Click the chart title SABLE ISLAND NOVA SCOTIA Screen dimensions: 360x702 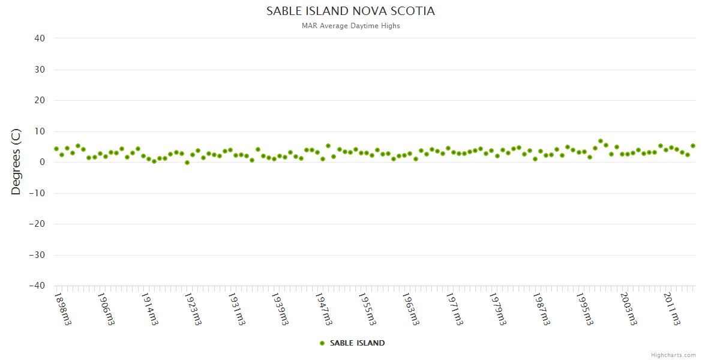(350, 11)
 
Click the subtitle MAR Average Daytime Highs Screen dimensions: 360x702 (350, 26)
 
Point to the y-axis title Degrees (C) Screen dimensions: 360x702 (16, 162)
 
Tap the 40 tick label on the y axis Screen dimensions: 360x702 (40, 38)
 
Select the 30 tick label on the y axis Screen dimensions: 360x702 (40, 70)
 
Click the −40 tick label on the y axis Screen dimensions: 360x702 (37, 286)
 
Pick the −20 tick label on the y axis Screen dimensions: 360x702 (37, 224)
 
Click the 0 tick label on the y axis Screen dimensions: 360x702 (43, 162)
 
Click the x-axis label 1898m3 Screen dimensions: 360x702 (62, 308)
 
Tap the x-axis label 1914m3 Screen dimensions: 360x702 (149, 308)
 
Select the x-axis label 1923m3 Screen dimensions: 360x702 (193, 308)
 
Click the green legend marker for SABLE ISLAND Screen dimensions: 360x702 (322, 343)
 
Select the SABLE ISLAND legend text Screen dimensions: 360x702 (357, 343)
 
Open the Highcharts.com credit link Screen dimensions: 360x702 (673, 355)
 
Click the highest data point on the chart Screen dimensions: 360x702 (601, 141)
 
